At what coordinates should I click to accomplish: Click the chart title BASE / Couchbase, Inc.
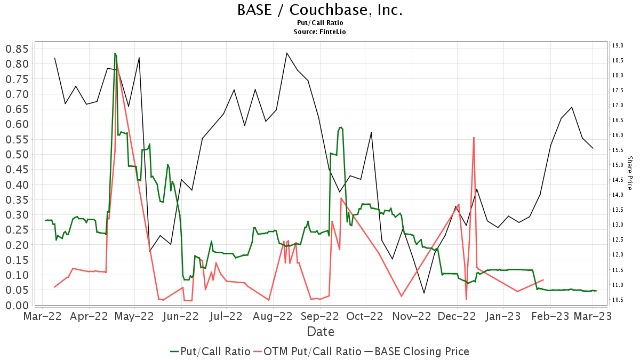click(320, 10)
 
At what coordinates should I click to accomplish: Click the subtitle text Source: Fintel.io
click(320, 32)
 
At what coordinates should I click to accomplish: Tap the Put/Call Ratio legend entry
click(210, 351)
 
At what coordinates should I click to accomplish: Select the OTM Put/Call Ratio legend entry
click(307, 351)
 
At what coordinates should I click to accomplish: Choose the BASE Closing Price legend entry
click(417, 351)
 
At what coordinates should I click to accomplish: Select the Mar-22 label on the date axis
click(43, 316)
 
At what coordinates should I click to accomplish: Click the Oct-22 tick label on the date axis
click(365, 316)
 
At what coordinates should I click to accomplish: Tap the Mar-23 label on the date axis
click(593, 316)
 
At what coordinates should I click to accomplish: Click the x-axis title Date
click(320, 332)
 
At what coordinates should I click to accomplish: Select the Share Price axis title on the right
click(629, 173)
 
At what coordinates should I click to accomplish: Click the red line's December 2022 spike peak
click(474, 138)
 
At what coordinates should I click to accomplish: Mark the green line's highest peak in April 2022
click(115, 53)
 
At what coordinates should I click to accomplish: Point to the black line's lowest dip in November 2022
click(424, 293)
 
